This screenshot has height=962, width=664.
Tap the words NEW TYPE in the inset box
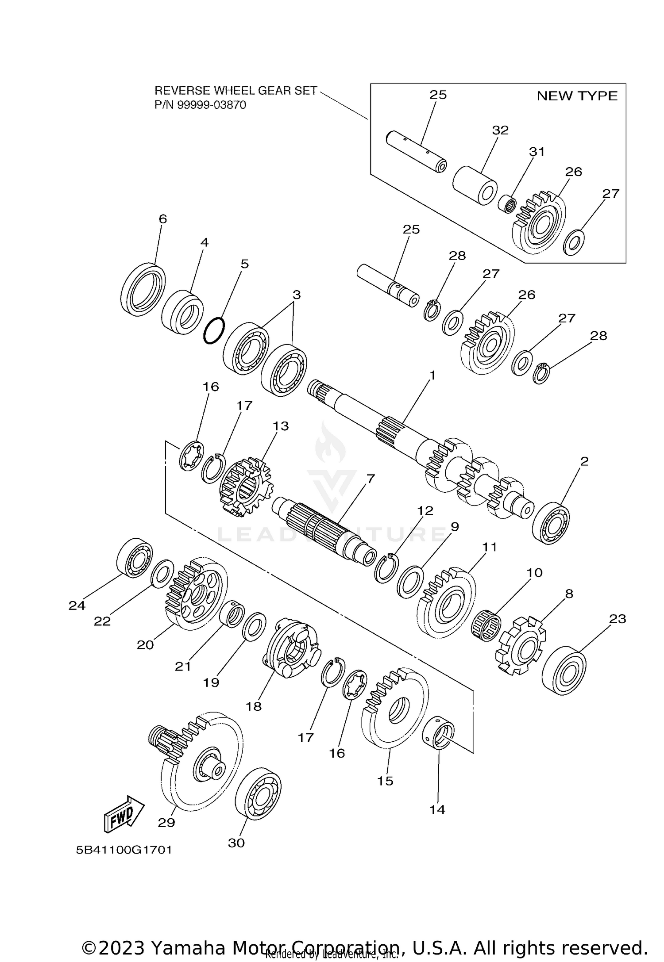pyautogui.click(x=576, y=96)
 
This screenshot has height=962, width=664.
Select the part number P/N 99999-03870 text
pyautogui.click(x=200, y=105)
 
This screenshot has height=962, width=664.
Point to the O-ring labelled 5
pyautogui.click(x=214, y=330)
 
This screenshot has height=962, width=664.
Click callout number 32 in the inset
pyautogui.click(x=500, y=130)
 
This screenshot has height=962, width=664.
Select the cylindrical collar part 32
pyautogui.click(x=475, y=185)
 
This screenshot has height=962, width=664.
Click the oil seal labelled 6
pyautogui.click(x=143, y=289)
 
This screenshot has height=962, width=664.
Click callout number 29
pyautogui.click(x=166, y=822)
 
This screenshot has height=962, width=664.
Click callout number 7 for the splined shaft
pyautogui.click(x=371, y=479)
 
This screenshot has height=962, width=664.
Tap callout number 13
pyautogui.click(x=281, y=425)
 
